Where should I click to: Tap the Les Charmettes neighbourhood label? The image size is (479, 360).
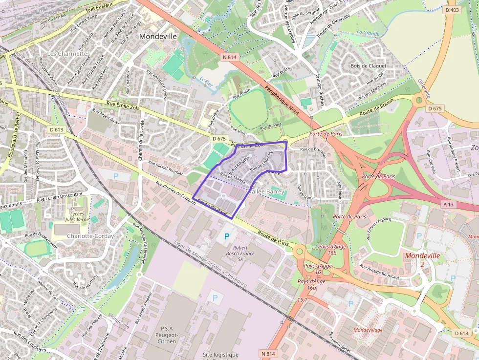(x=69, y=54)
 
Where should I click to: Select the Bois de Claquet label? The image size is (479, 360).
(x=368, y=65)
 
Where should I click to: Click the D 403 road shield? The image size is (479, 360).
(x=453, y=10)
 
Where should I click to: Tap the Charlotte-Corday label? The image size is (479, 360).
(x=90, y=236)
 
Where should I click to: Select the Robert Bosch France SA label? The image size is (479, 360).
(x=240, y=254)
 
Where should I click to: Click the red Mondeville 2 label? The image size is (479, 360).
(x=422, y=259)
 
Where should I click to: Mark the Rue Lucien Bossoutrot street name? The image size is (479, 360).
(x=66, y=197)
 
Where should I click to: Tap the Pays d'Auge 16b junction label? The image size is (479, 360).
(x=332, y=250)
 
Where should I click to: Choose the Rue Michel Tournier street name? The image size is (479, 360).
(x=165, y=168)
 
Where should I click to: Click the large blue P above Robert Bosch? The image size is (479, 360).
(x=226, y=236)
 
